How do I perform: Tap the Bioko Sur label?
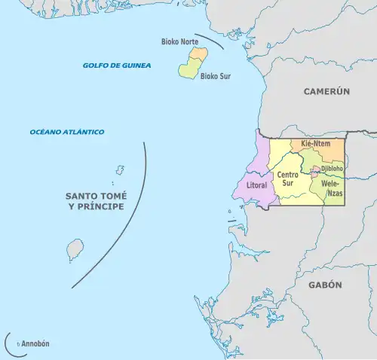tap(216, 76)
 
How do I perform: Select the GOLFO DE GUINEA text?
tap(117, 66)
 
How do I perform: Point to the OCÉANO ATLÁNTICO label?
tap(67, 132)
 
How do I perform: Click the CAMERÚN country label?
tap(327, 91)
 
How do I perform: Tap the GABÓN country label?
tap(326, 285)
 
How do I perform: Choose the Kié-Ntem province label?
tap(316, 143)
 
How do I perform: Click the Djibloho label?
tap(333, 169)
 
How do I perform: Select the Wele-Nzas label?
tap(333, 188)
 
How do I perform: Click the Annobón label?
tap(35, 343)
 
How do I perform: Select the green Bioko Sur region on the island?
tap(188, 69)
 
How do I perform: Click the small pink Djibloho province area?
tap(316, 169)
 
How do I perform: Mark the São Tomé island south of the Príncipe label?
tap(75, 248)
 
